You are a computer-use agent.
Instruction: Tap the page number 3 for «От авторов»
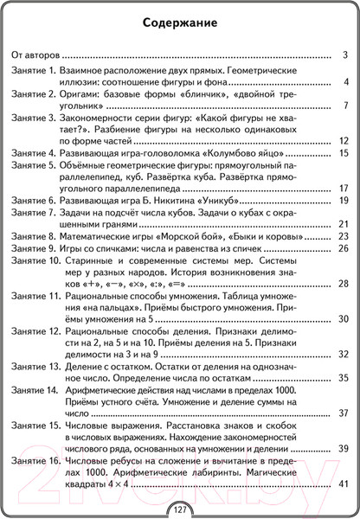pos(345,54)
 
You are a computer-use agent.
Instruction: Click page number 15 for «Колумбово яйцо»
pos(343,153)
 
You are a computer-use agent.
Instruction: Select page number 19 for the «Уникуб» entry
pos(343,201)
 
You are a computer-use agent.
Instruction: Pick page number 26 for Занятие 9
pos(343,248)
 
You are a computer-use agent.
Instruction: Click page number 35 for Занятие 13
pos(343,378)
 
